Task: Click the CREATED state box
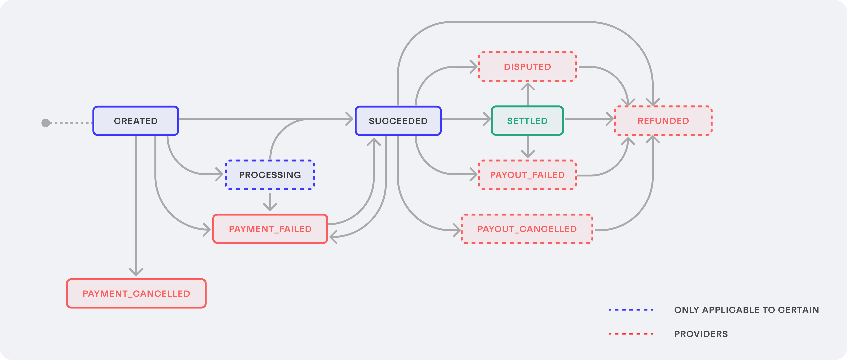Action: [135, 121]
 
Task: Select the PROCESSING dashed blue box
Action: [270, 175]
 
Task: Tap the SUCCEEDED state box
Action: [398, 121]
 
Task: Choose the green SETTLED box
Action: [527, 121]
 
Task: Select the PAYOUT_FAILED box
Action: [527, 175]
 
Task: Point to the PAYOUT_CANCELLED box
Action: [527, 229]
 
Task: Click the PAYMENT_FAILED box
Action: [270, 229]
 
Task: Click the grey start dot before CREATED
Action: [46, 123]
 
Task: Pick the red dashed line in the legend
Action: [631, 334]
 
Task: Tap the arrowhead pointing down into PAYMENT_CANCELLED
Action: [136, 272]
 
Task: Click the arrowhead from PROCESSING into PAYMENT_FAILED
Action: [270, 207]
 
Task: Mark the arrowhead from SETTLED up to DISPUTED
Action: [528, 86]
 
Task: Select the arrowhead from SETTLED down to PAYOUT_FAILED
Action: [528, 154]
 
